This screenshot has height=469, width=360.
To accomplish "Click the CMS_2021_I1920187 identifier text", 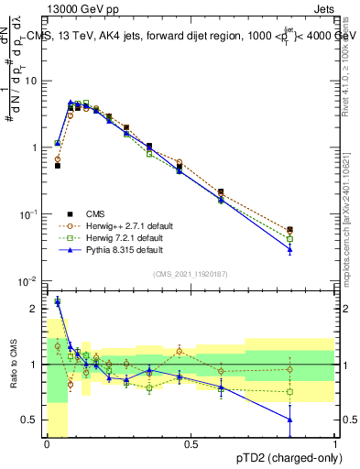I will click(x=190, y=273).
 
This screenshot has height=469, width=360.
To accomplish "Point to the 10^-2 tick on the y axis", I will click(x=28, y=281).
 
